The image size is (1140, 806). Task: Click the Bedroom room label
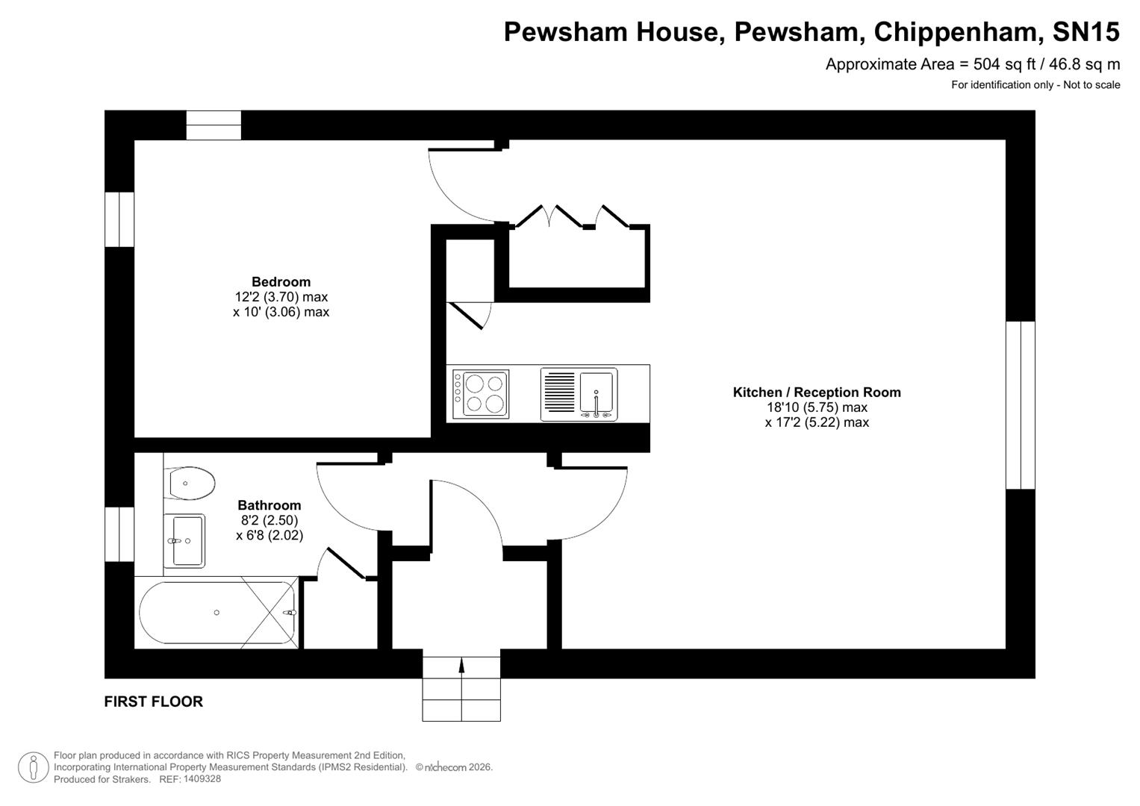281,282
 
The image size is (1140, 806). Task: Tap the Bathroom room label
269,505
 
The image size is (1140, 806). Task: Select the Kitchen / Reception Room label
817,393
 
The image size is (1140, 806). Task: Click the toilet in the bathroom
191,483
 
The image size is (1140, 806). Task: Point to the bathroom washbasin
184,541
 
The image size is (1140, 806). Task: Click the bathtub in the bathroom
217,613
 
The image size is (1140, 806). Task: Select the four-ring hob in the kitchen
481,394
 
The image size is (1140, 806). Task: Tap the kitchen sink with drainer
579,394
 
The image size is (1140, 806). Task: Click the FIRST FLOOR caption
153,702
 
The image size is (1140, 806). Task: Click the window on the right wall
1020,405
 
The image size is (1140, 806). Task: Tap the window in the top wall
214,125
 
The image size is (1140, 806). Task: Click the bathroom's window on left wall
119,534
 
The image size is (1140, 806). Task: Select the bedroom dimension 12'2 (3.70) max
281,297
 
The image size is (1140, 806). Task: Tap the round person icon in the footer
33,767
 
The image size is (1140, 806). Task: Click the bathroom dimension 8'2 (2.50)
269,520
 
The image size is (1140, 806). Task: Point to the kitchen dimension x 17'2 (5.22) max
817,422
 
